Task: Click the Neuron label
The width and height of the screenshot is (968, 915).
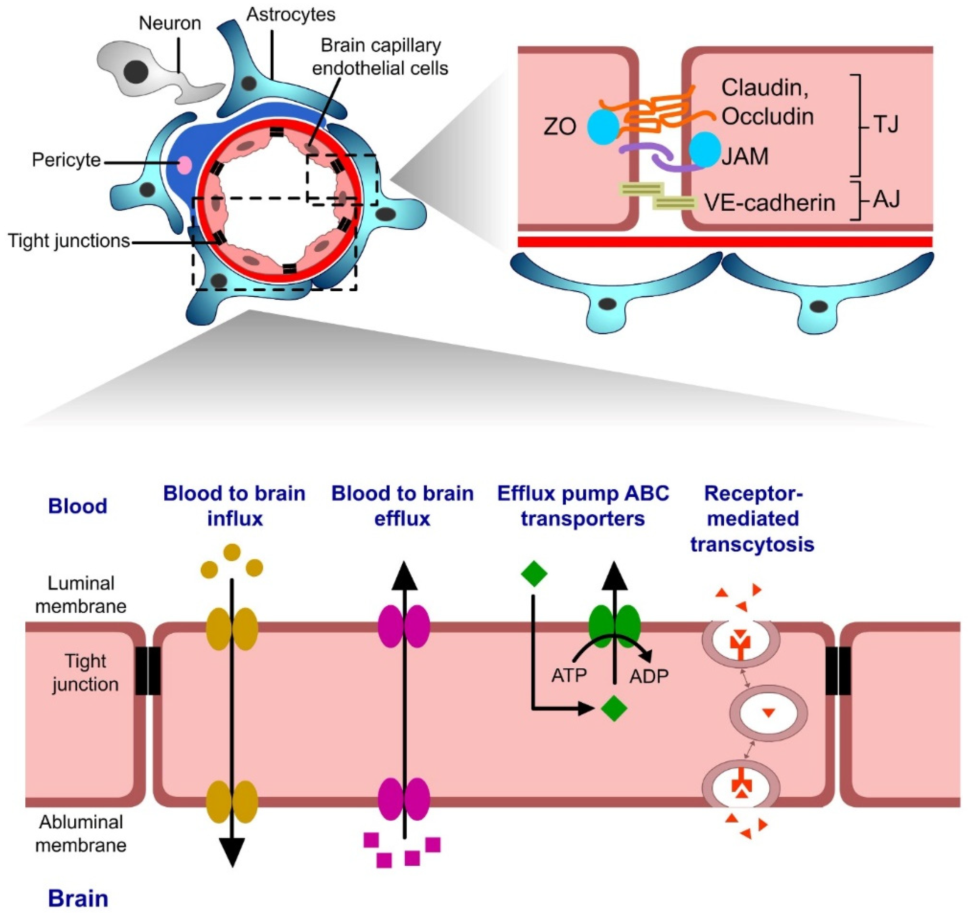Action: click(169, 23)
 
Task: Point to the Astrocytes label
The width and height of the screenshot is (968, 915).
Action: click(291, 15)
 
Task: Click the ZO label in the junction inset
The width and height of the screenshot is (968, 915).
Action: click(560, 127)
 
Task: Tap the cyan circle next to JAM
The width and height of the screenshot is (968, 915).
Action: click(705, 149)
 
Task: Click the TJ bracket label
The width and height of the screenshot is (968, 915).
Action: click(886, 125)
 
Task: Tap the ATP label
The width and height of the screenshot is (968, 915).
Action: click(568, 676)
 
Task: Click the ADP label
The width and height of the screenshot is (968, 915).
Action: click(648, 676)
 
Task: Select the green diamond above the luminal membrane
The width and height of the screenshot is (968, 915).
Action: click(534, 574)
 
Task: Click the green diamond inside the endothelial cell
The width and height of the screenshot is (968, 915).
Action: click(614, 709)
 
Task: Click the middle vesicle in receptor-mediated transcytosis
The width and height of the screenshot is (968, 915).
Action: click(768, 713)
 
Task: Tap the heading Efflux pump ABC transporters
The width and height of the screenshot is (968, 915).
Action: click(583, 506)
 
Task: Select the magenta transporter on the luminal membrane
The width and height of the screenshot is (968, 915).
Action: click(404, 626)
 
